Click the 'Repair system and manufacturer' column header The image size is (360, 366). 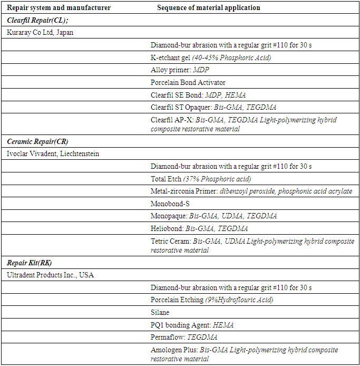(59, 8)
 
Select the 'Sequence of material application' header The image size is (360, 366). (208, 8)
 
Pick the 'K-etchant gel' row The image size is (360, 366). (211, 57)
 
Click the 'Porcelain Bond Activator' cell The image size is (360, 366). (188, 82)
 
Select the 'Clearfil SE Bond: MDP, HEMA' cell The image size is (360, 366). (198, 95)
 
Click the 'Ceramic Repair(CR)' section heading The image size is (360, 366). (37, 141)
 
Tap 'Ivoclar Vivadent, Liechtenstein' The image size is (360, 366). (53, 154)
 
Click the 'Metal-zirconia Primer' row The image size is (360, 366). (251, 191)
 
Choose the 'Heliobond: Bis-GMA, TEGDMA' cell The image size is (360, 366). (199, 228)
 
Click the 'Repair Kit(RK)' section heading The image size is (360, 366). (30, 263)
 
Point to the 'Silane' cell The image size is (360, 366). (160, 312)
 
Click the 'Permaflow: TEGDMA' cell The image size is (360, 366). (184, 337)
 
